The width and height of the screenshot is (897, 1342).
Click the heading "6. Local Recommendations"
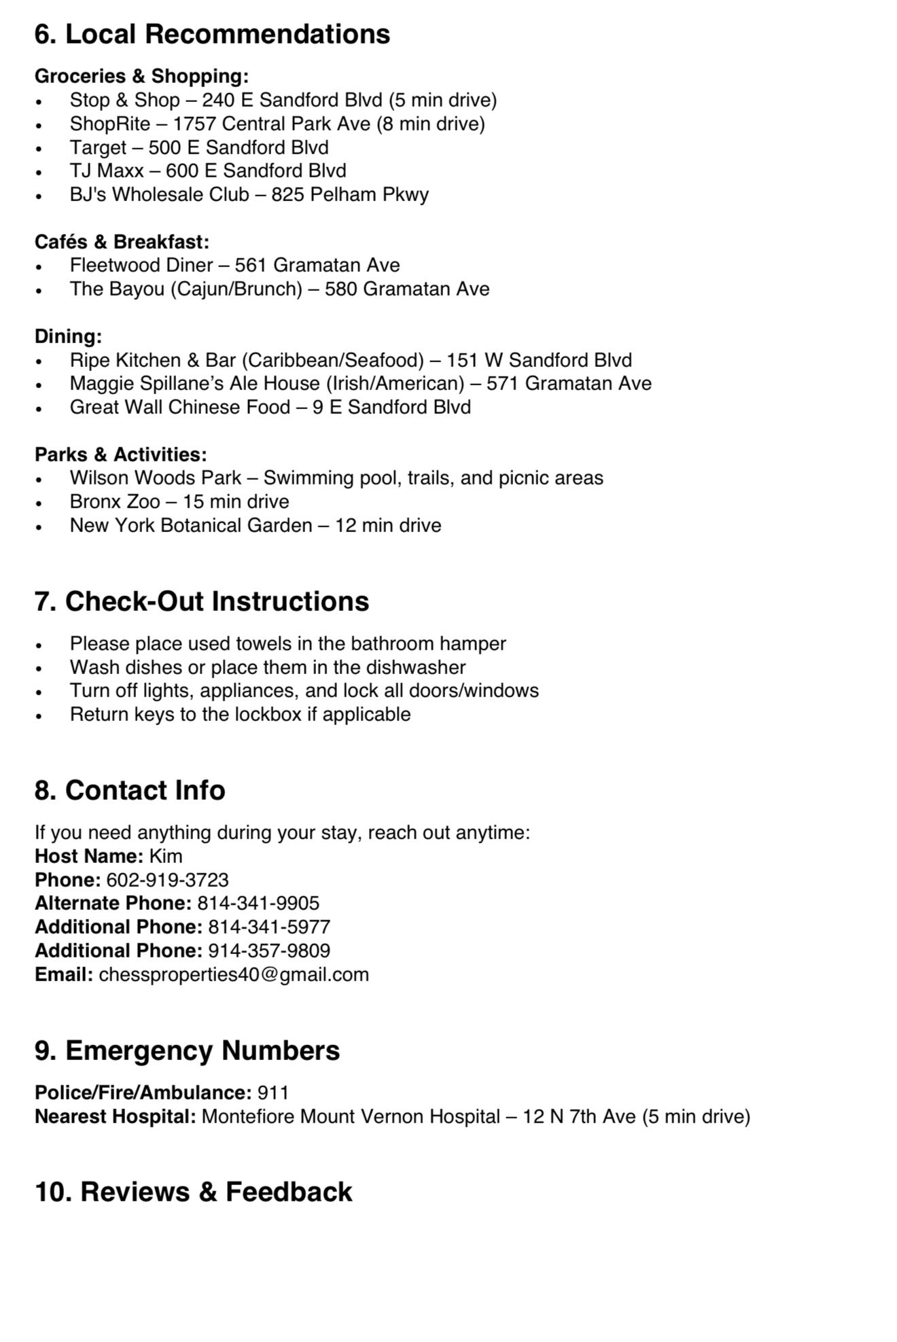click(212, 34)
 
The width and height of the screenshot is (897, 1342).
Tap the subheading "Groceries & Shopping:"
click(141, 75)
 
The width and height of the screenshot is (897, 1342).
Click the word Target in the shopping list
click(98, 147)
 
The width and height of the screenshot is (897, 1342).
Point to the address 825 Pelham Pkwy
click(350, 194)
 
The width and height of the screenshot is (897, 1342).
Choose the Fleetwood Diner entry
click(141, 265)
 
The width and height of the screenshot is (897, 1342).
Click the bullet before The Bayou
click(39, 290)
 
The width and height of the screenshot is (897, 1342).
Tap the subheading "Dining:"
click(68, 336)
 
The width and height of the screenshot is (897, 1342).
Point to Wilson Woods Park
click(156, 478)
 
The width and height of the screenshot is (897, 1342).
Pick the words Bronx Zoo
click(115, 501)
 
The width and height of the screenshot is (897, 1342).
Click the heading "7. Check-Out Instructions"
click(202, 601)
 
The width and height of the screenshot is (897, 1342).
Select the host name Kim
click(166, 856)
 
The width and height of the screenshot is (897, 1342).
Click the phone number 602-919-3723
click(167, 880)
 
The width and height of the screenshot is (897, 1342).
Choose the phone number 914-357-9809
click(269, 951)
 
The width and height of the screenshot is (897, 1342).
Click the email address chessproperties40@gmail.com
click(234, 974)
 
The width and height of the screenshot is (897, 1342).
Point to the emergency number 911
click(273, 1093)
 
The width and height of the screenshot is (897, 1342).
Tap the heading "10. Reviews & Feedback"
click(193, 1192)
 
